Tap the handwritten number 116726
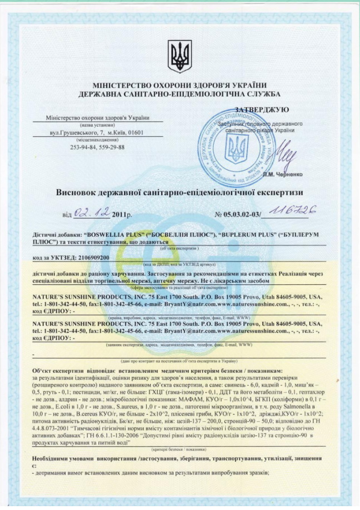pos(289,210)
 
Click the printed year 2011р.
pos(123,214)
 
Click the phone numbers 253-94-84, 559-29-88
pos(97,147)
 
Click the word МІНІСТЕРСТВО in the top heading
pos(120,85)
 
